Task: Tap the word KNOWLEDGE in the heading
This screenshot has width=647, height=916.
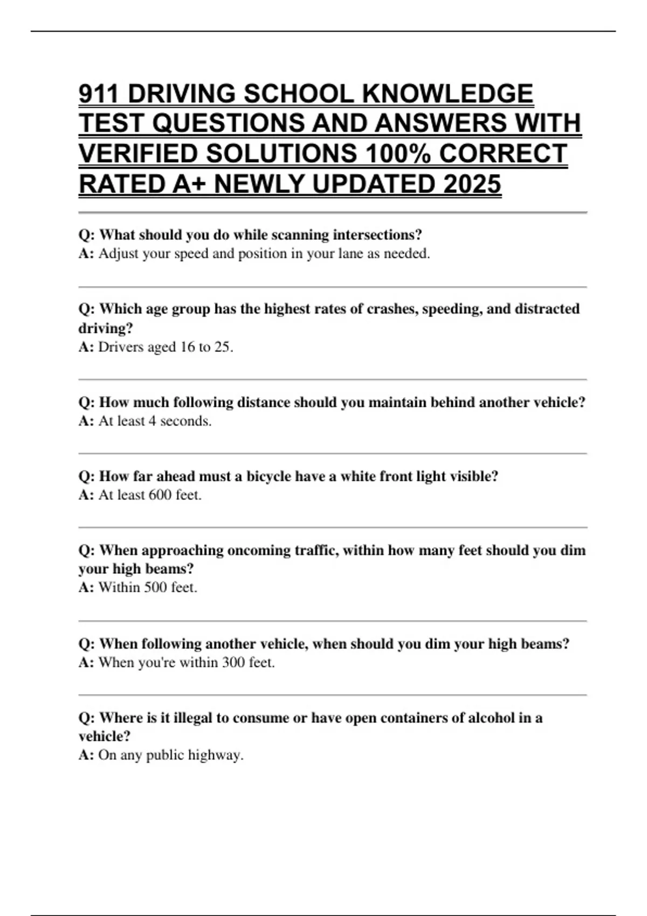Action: pyautogui.click(x=448, y=94)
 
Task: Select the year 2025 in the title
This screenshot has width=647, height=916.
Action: pyautogui.click(x=472, y=184)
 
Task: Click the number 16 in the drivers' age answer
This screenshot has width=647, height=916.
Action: pyautogui.click(x=187, y=347)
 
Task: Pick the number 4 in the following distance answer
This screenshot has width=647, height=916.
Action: pyautogui.click(x=152, y=421)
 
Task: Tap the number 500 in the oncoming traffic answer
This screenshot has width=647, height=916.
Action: pyautogui.click(x=156, y=587)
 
